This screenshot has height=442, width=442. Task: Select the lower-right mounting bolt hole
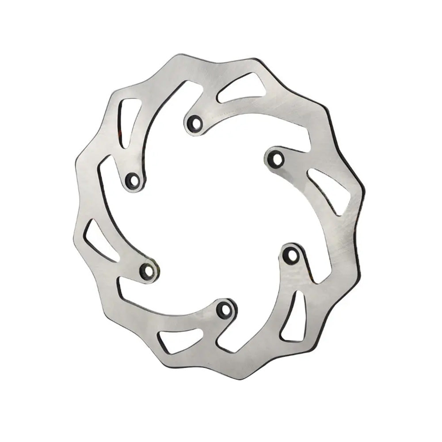tap(290, 255)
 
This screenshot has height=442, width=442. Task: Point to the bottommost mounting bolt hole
tap(225, 309)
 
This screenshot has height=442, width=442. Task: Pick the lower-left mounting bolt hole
tap(147, 271)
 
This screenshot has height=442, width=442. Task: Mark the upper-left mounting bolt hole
tap(132, 180)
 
